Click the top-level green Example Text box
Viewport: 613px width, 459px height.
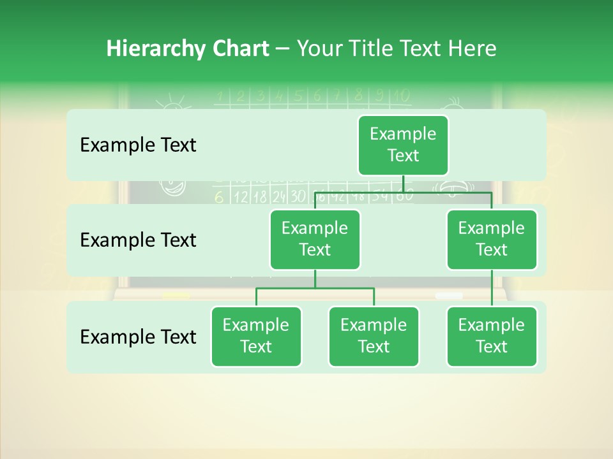click(x=403, y=145)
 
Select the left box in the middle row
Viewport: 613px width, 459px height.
click(x=315, y=239)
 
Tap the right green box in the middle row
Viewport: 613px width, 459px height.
click(x=492, y=239)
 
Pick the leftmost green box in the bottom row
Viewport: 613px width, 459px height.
click(x=256, y=336)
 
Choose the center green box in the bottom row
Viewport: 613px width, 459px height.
click(x=374, y=336)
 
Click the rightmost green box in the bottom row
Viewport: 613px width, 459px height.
click(x=492, y=336)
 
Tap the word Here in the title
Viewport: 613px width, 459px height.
click(x=473, y=48)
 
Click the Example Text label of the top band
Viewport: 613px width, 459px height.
click(x=138, y=145)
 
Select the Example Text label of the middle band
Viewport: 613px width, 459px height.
click(x=138, y=240)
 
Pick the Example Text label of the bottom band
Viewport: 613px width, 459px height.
click(x=138, y=337)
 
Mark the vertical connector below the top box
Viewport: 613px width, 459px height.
click(x=403, y=184)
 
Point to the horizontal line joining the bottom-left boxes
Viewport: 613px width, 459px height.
click(x=315, y=288)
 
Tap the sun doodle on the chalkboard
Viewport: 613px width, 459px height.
click(x=169, y=102)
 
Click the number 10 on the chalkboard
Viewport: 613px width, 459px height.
click(x=401, y=96)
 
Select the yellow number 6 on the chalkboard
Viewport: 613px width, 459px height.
click(x=219, y=197)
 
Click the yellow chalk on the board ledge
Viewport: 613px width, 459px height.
click(x=176, y=295)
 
